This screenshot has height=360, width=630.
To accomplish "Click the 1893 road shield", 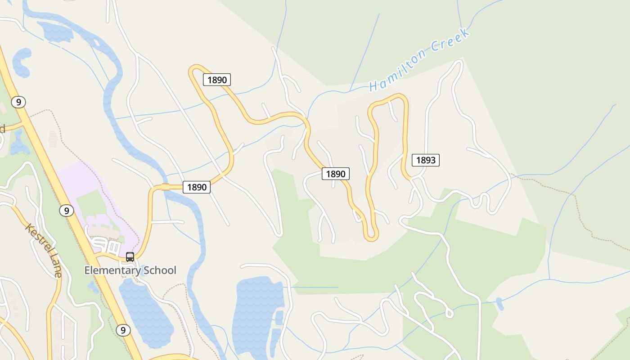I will (425, 160).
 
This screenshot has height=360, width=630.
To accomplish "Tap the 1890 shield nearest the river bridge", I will (197, 187).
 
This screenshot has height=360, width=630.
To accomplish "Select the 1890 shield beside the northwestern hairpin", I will (217, 80).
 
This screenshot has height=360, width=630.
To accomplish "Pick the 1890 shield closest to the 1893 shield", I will (336, 174).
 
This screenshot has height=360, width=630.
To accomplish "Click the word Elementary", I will (112, 270).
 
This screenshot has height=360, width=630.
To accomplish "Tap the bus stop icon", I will (130, 257).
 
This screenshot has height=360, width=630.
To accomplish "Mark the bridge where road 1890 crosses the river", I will (165, 187).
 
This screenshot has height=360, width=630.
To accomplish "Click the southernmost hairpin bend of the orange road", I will (371, 236).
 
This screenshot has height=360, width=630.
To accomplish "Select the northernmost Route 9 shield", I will (18, 102).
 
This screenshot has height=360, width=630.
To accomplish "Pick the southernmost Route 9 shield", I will (123, 330).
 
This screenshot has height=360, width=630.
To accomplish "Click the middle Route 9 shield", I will (66, 210).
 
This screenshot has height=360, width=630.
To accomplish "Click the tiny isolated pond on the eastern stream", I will (499, 304).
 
